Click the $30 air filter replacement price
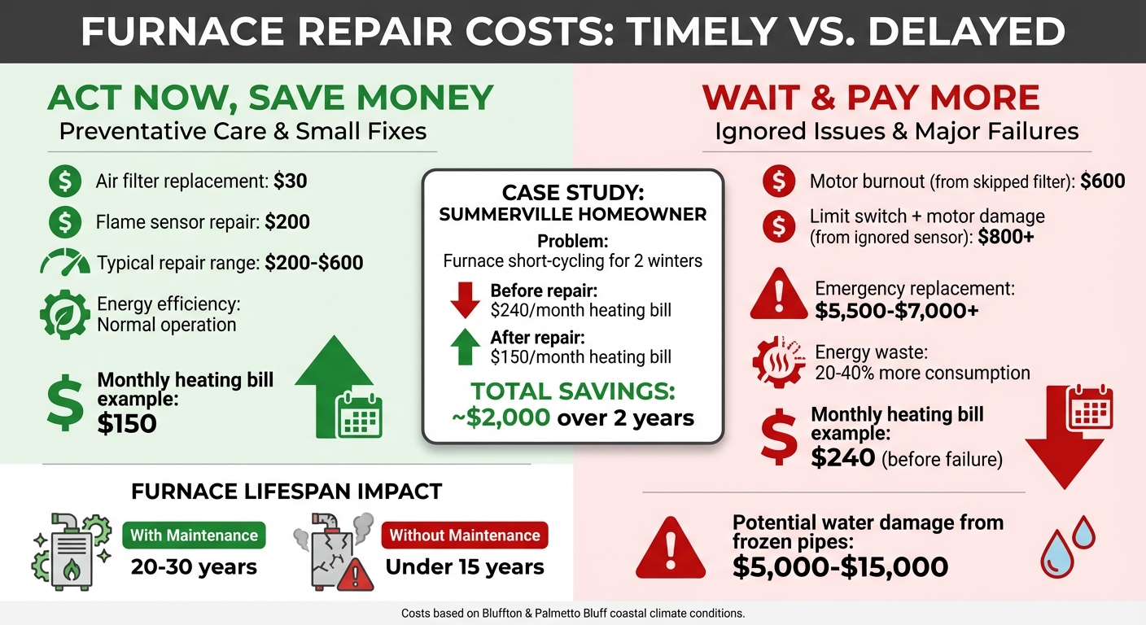click(x=290, y=181)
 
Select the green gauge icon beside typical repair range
click(x=64, y=263)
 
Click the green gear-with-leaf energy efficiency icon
click(x=64, y=313)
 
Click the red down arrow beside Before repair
click(x=466, y=299)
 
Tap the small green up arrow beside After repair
click(x=466, y=347)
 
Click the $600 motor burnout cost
click(x=1103, y=181)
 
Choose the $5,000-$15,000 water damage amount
click(x=840, y=566)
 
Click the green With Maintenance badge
click(x=194, y=535)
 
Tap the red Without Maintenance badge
click(x=465, y=535)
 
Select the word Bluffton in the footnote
click(x=493, y=613)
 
